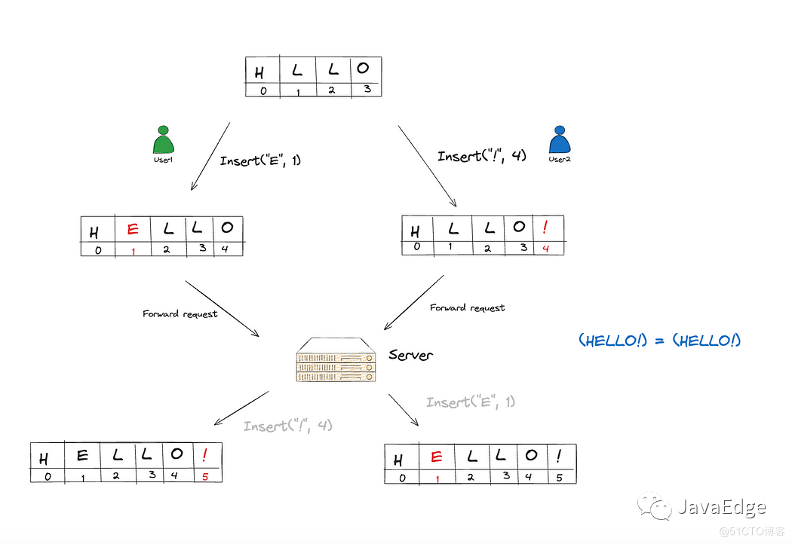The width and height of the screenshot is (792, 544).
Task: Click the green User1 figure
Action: (x=164, y=142)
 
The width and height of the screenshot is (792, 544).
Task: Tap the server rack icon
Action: (x=335, y=362)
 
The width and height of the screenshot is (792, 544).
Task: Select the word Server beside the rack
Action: (x=410, y=354)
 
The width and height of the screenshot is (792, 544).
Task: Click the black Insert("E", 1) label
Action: (x=260, y=160)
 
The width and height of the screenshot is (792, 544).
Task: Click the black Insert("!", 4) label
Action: (x=482, y=156)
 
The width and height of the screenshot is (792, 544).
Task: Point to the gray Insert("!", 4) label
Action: (x=288, y=426)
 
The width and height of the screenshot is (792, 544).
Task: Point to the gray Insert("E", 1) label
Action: (x=471, y=402)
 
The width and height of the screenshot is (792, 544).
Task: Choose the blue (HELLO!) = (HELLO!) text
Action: (x=659, y=341)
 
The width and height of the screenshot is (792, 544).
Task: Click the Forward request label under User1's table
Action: (x=180, y=313)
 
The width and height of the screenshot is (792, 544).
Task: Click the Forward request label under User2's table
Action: (x=467, y=307)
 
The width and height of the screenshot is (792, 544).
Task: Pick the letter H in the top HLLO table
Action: (x=259, y=73)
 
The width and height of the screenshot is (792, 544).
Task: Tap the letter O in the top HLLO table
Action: (x=364, y=69)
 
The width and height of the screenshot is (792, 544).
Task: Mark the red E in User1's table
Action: (x=133, y=230)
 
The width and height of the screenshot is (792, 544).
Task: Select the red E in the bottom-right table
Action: (x=436, y=457)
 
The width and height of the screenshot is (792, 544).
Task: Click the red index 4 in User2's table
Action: (x=546, y=249)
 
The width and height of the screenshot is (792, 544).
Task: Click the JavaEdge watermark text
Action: (x=721, y=507)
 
